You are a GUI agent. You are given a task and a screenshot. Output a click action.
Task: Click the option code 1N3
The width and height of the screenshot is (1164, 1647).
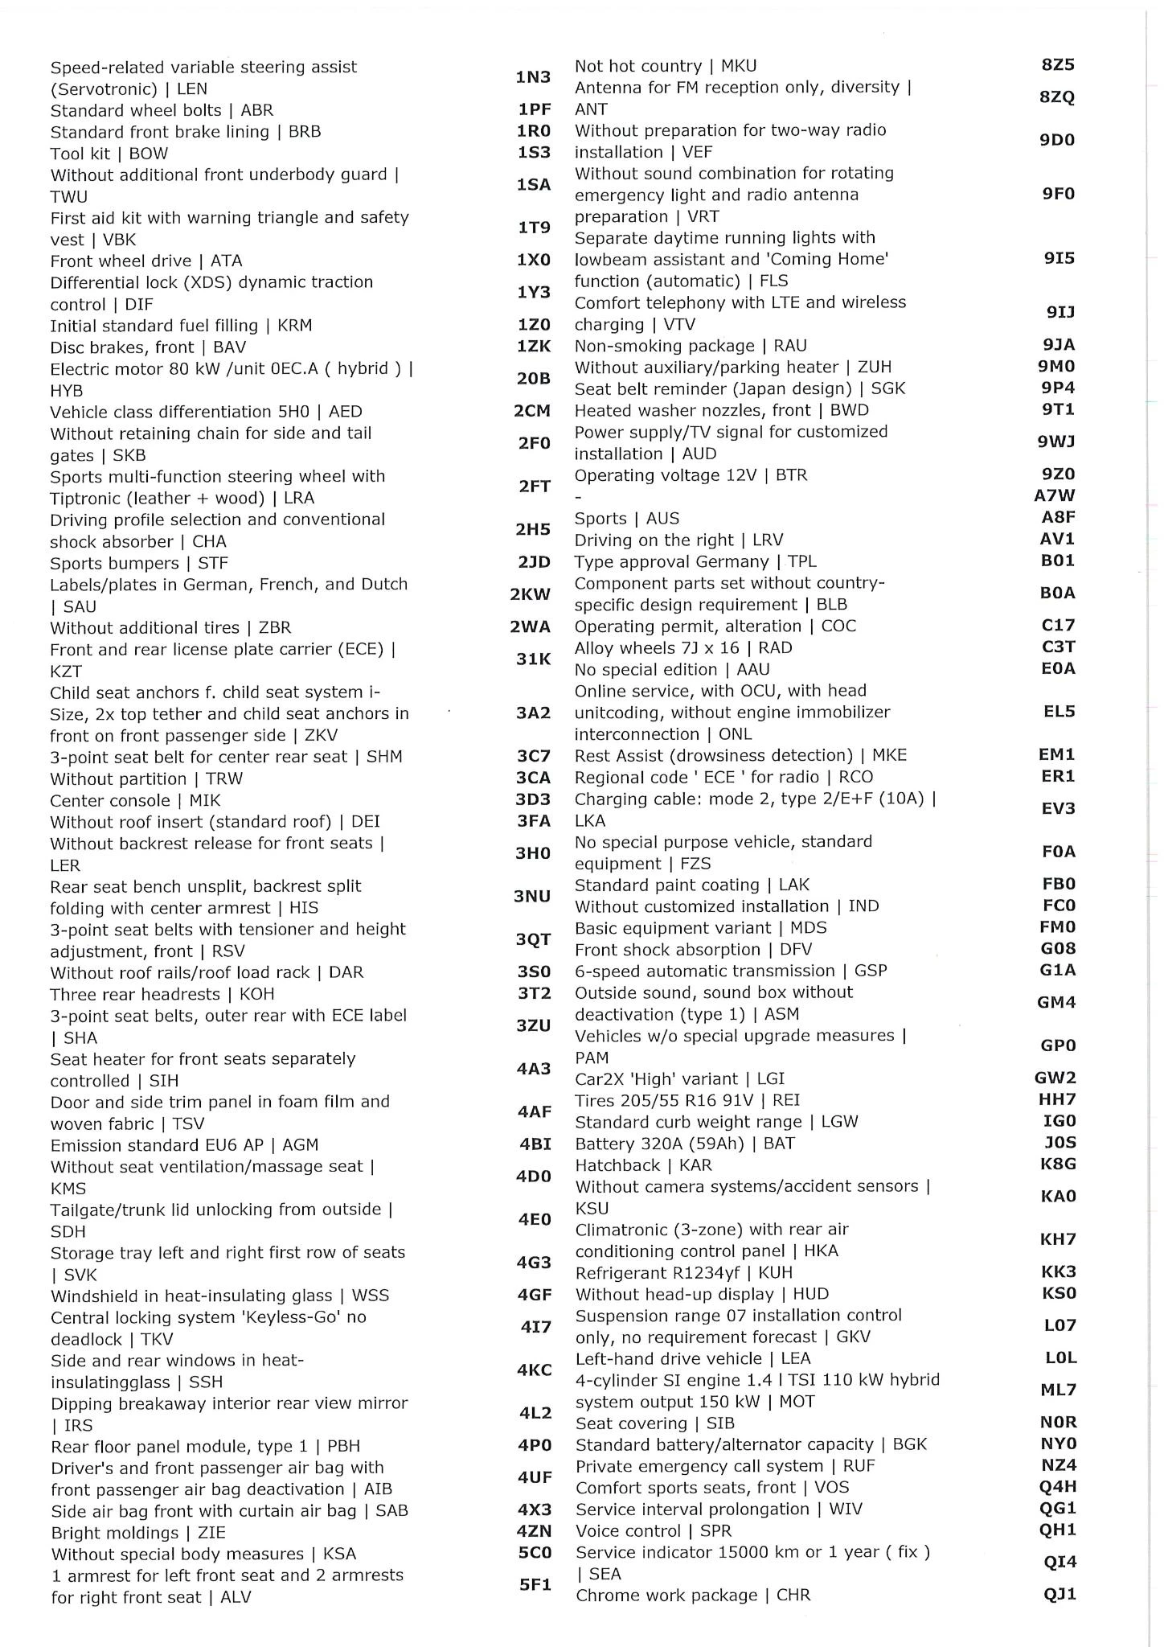coord(533,77)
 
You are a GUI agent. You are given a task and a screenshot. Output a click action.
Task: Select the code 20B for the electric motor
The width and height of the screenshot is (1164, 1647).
coord(533,379)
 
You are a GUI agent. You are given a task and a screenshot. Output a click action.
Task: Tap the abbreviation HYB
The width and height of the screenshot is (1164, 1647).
coord(67,391)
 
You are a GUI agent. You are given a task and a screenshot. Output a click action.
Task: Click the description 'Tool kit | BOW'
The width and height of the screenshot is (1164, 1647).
coord(109,154)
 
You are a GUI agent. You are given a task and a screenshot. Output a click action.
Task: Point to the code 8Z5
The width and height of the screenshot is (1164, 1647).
coord(1058,65)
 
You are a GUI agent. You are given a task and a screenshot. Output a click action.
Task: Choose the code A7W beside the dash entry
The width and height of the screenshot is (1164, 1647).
coord(1055,496)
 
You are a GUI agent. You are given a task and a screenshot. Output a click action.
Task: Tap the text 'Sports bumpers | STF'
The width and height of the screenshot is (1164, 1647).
coord(139,563)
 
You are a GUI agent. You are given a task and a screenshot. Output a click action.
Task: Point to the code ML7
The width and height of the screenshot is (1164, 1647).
coord(1059,1390)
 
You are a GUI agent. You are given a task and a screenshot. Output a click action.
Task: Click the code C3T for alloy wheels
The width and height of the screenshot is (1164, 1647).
coord(1058,647)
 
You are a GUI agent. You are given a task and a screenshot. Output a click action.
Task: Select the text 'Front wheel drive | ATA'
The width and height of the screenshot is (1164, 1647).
coord(146,261)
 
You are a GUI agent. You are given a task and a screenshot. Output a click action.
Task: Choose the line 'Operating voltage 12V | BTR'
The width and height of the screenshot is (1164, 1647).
coord(691,475)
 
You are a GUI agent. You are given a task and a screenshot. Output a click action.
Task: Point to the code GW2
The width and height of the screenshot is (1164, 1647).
coord(1055,1078)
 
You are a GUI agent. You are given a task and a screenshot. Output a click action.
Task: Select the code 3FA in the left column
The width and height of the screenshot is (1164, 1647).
coord(533,822)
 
